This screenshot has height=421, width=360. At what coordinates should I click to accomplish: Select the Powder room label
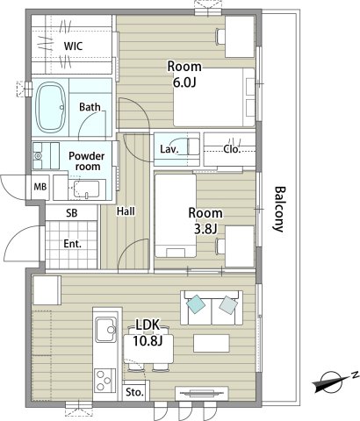(x=88, y=161)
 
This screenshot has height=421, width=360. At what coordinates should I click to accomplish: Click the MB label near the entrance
(x=40, y=187)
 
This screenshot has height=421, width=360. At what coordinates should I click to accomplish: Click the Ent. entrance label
(x=72, y=242)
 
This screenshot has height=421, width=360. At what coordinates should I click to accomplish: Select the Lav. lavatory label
(x=169, y=149)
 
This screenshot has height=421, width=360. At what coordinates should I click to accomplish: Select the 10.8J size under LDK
(x=148, y=340)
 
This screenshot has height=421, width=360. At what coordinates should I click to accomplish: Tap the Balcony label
(x=279, y=209)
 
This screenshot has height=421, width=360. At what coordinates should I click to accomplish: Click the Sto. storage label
(x=135, y=392)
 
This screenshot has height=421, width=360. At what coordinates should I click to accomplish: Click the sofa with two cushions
(x=212, y=306)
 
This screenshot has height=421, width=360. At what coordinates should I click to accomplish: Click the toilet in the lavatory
(x=189, y=146)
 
